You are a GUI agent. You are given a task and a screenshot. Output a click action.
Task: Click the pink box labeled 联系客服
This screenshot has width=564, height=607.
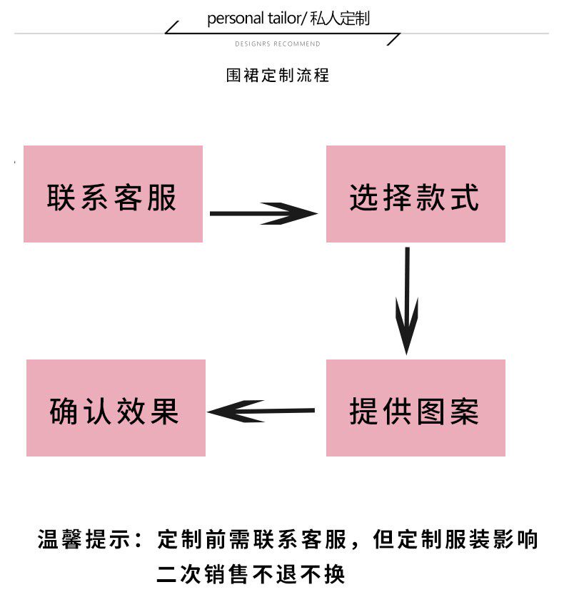(113, 194)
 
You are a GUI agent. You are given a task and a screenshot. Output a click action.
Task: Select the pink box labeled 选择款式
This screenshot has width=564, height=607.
(416, 194)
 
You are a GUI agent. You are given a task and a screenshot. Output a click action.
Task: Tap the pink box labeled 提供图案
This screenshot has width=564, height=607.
(416, 408)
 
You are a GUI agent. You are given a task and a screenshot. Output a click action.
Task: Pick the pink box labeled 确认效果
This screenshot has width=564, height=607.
(116, 408)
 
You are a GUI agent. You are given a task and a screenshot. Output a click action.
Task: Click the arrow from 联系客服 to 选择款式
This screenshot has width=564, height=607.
(263, 213)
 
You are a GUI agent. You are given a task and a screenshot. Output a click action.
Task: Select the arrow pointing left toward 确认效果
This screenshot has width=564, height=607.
(261, 411)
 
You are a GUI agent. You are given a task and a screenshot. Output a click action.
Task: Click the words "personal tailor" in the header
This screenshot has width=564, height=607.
(253, 19)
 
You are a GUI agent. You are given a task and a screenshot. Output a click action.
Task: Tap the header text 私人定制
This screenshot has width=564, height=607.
(341, 19)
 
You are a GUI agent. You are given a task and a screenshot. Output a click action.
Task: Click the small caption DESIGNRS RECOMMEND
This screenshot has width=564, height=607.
(278, 44)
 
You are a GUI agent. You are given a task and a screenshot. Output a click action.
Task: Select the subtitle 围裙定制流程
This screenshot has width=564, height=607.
(278, 75)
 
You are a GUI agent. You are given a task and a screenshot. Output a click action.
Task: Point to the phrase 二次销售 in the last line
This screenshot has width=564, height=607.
(203, 574)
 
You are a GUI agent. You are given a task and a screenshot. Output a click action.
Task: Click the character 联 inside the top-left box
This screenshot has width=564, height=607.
(62, 198)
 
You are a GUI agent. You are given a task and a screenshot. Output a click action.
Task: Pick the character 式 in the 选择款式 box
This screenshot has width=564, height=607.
(465, 198)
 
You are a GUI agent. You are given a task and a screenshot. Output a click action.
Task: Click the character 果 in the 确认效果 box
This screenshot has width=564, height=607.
(165, 412)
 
